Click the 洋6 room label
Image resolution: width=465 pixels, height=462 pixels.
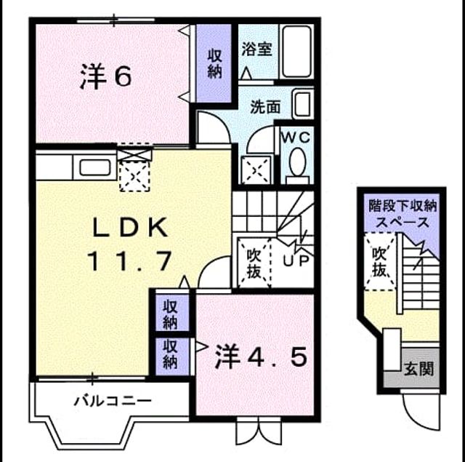pyautogui.click(x=106, y=76)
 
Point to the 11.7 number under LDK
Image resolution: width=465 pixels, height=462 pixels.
pyautogui.click(x=129, y=261)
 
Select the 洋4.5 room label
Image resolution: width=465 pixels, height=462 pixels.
pyautogui.click(x=261, y=356)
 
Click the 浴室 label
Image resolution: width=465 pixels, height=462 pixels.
pyautogui.click(x=256, y=49)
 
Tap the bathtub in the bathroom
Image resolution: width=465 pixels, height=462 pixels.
pyautogui.click(x=296, y=52)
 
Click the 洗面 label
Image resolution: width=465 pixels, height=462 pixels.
pyautogui.click(x=265, y=107)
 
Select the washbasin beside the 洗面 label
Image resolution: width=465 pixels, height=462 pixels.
pyautogui.click(x=303, y=103)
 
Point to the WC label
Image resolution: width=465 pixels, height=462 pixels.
pyautogui.click(x=296, y=138)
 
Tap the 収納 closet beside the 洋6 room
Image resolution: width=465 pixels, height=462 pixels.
pyautogui.click(x=214, y=63)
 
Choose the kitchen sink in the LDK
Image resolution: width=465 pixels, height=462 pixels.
pyautogui.click(x=95, y=167)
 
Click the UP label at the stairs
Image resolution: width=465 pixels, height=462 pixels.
pyautogui.click(x=296, y=260)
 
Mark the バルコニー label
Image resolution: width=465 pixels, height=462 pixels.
pyautogui.click(x=113, y=401)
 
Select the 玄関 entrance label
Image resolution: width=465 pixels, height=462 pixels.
pyautogui.click(x=419, y=369)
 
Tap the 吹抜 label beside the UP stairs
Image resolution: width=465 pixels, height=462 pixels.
pyautogui.click(x=254, y=263)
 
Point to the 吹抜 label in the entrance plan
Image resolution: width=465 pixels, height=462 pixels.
pyautogui.click(x=379, y=262)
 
